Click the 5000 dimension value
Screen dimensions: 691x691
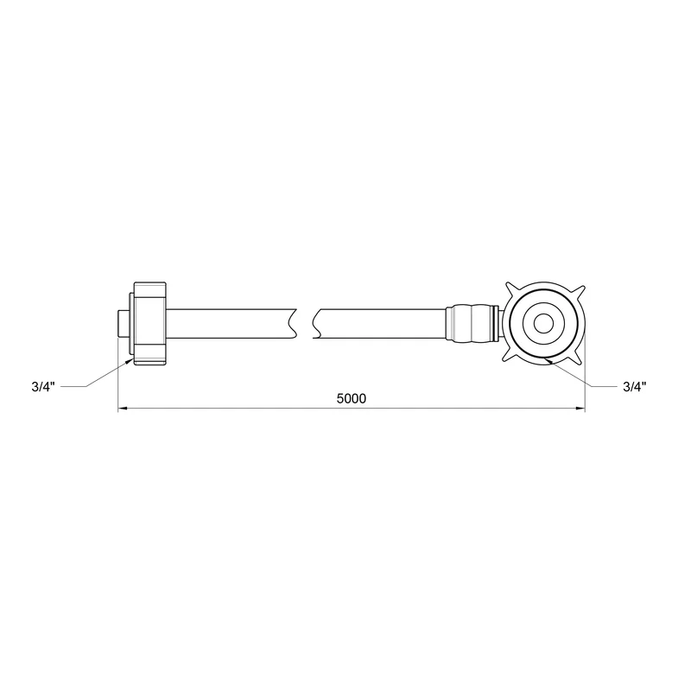point(352,398)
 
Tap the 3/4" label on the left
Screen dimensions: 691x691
point(43,387)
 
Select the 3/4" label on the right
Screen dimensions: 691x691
point(635,387)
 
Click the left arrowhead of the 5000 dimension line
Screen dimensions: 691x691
point(123,409)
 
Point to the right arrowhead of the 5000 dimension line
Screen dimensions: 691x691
point(580,409)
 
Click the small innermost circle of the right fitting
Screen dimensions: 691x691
point(543,324)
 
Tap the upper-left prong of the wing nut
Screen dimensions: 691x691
point(511,289)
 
